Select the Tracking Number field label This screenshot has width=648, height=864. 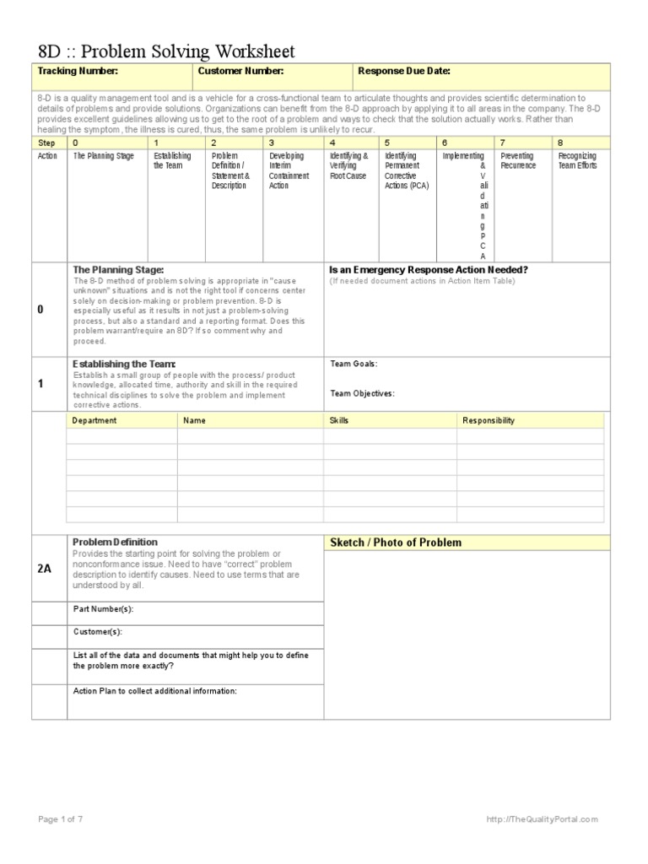coord(78,72)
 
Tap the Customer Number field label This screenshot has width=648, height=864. coord(240,72)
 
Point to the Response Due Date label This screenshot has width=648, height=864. coord(404,72)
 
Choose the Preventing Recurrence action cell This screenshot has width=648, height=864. coord(518,161)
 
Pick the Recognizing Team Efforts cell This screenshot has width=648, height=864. coord(577,161)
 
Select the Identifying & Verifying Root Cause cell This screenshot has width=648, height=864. coord(348,166)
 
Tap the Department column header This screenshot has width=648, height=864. coord(94,420)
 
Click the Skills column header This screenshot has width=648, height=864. coord(338,420)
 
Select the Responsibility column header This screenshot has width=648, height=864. coord(489,420)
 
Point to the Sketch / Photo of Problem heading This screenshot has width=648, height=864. coord(396,543)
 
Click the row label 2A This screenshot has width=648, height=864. coord(45,569)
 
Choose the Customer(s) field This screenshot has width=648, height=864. coord(98,631)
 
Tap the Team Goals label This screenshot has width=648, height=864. coord(354,364)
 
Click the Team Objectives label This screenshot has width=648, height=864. coord(362,393)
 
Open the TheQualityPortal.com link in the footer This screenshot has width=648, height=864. coord(542,819)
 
